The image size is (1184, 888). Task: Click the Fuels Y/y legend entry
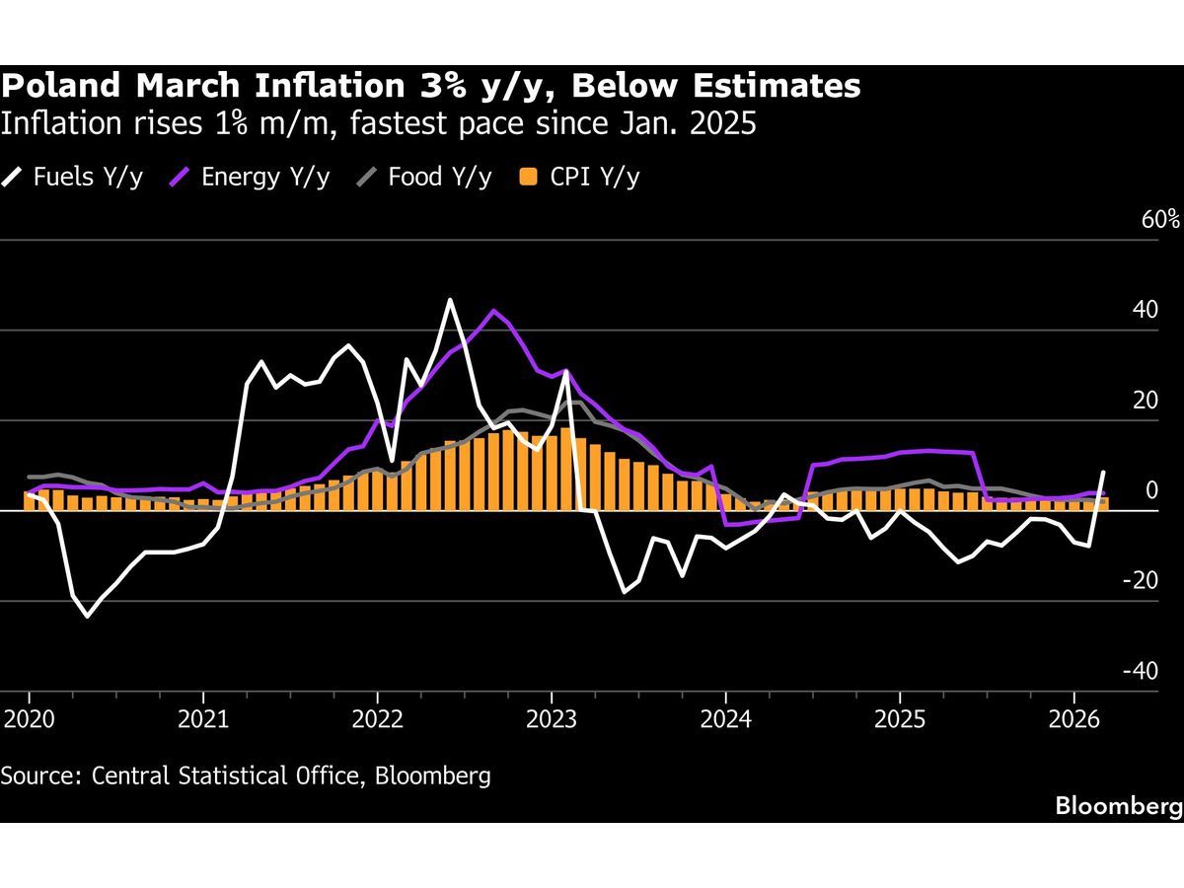pyautogui.click(x=74, y=177)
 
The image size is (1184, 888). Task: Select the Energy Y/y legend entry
pyautogui.click(x=251, y=177)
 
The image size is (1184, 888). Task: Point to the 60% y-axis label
pyautogui.click(x=1160, y=219)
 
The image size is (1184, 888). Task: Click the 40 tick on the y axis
pyautogui.click(x=1146, y=310)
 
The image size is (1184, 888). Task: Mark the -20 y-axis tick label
pyautogui.click(x=1142, y=580)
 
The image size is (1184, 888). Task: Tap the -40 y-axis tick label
pyautogui.click(x=1142, y=671)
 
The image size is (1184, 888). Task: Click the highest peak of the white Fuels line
pyautogui.click(x=450, y=299)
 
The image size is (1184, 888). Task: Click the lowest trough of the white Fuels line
pyautogui.click(x=87, y=617)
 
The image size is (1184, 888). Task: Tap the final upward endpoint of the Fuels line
pyautogui.click(x=1103, y=472)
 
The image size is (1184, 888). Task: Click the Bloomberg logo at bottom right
pyautogui.click(x=1118, y=806)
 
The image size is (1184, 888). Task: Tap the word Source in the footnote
pyautogui.click(x=38, y=775)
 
